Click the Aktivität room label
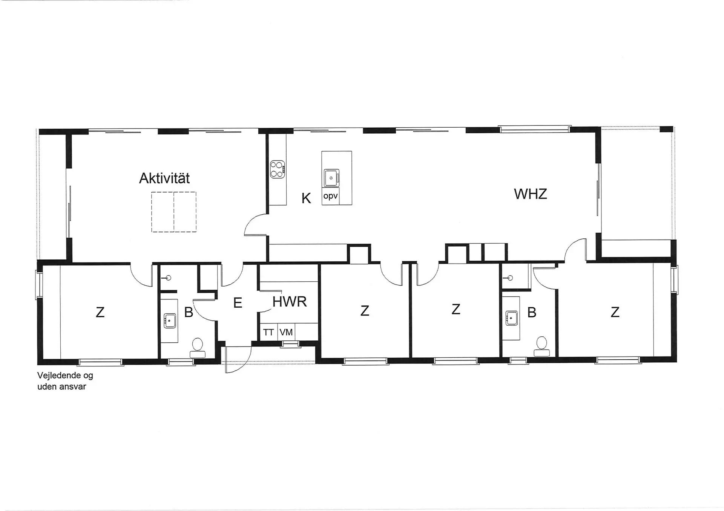(164, 178)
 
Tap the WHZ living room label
(530, 194)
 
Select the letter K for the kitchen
(306, 198)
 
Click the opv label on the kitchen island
(330, 196)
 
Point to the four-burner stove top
(278, 169)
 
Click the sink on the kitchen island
(331, 178)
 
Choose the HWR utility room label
(289, 302)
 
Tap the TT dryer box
(268, 333)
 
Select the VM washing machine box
(286, 333)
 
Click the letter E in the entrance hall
(237, 303)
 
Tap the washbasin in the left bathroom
(170, 321)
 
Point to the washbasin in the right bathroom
(511, 318)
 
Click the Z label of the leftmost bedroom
(100, 312)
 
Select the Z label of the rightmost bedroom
(615, 312)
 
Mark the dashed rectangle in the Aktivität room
(174, 212)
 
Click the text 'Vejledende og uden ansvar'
(65, 381)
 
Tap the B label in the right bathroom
(532, 312)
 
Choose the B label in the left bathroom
(189, 312)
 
